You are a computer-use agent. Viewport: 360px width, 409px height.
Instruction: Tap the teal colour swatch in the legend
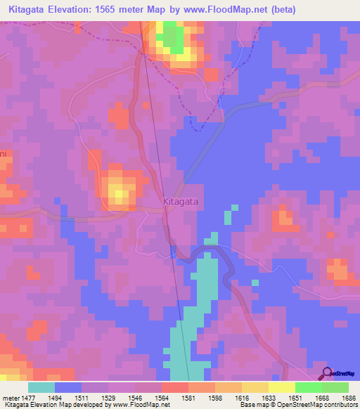click(x=41, y=387)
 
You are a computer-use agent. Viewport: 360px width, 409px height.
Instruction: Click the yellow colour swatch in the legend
click(x=281, y=387)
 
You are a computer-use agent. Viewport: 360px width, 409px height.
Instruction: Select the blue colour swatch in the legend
click(x=68, y=387)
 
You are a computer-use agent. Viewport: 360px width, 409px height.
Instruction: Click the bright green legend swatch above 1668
click(x=308, y=387)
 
